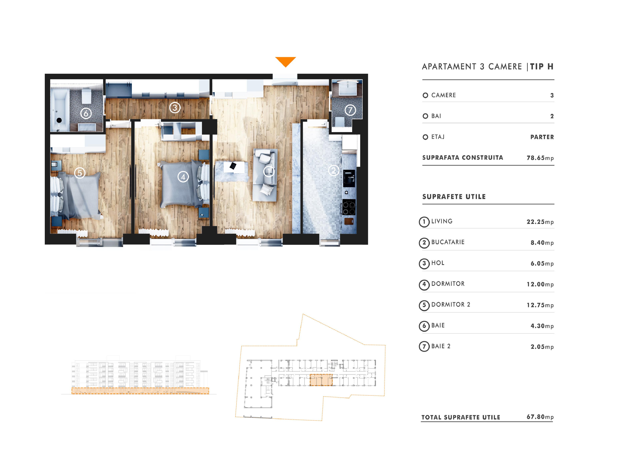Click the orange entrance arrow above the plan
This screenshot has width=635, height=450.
click(285, 61)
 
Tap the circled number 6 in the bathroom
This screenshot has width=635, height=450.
click(86, 113)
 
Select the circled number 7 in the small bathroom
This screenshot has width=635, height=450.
click(350, 110)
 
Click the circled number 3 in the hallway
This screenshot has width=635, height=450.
click(175, 107)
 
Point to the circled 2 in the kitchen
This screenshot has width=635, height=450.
click(333, 170)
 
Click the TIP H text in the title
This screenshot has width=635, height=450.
click(542, 66)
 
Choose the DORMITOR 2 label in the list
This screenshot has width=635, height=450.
click(451, 304)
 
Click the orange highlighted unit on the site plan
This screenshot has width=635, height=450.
click(321, 380)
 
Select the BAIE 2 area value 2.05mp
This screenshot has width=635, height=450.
click(542, 347)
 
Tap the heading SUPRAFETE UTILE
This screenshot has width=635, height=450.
click(454, 197)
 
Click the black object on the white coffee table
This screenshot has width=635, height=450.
click(233, 166)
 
